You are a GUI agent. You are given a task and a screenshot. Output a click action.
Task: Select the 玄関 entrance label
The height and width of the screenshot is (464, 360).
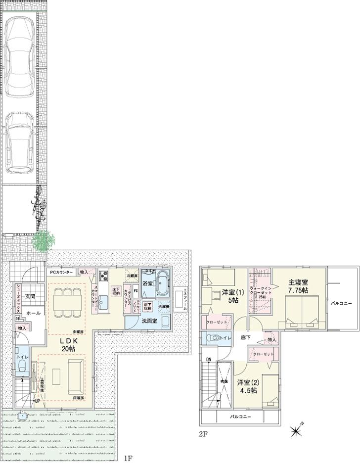[30, 296]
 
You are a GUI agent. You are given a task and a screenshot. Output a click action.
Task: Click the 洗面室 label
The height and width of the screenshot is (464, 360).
[150, 321]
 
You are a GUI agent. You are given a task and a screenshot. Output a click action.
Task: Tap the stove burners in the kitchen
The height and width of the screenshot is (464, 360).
[104, 276]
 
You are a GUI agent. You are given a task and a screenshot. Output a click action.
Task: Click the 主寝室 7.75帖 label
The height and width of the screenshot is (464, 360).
[299, 287]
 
